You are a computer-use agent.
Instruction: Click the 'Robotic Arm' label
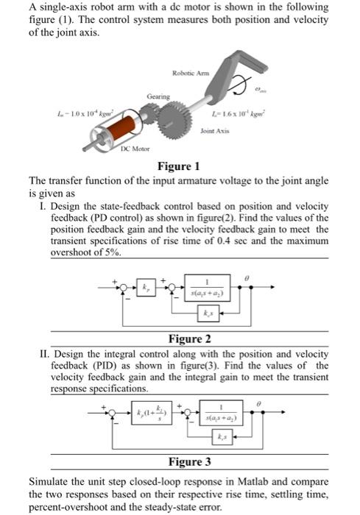coord(190,72)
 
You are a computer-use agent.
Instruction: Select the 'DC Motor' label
coord(135,149)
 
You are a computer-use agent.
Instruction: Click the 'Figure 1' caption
coord(179,166)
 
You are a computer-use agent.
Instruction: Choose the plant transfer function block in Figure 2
coord(209,289)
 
